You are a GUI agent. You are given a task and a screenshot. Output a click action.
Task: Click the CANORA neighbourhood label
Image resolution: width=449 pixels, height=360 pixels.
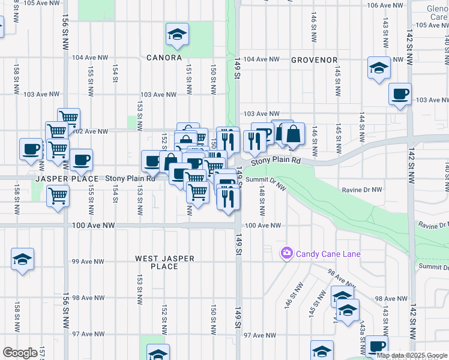[164, 58]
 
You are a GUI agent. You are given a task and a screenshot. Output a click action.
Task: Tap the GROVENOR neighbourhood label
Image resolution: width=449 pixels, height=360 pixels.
[314, 60]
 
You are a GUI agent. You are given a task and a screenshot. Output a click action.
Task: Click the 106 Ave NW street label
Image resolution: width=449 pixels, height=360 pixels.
[385, 5]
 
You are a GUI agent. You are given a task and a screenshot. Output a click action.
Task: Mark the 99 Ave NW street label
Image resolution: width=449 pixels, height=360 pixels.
[85, 262]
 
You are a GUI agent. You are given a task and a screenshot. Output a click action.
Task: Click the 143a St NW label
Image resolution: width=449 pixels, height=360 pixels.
[363, 343]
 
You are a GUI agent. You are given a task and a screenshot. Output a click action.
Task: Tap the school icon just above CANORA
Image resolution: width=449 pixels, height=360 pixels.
[177, 35]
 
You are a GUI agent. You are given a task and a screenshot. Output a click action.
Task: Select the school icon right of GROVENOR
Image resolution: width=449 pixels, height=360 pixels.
[379, 68]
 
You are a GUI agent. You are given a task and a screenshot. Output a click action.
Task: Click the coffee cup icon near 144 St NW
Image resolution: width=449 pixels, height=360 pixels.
[400, 94]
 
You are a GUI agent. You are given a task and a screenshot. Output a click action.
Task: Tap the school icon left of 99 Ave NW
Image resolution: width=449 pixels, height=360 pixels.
[23, 259]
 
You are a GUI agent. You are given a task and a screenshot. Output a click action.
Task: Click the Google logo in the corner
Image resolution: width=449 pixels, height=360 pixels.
[20, 353]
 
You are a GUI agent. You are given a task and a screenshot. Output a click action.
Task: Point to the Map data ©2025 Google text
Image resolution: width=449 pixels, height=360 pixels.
[412, 355]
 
